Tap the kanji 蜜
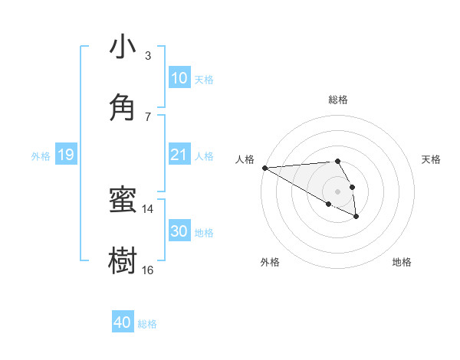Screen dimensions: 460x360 click(123, 201)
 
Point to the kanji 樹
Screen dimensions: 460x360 click(123, 260)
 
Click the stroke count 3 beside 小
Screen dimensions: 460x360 click(148, 56)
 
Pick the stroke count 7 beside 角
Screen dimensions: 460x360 click(148, 116)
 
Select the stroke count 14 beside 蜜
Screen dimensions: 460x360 click(148, 209)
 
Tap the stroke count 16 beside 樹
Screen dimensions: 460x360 click(148, 270)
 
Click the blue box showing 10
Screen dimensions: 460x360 click(179, 79)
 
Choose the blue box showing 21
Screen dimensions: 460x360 click(179, 155)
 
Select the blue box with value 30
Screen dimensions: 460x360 click(179, 232)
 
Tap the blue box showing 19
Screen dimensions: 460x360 click(66, 155)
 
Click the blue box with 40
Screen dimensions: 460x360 click(123, 323)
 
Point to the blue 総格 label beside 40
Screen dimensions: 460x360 click(147, 324)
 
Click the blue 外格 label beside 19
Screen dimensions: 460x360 click(41, 156)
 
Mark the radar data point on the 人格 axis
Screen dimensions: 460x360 click(264, 168)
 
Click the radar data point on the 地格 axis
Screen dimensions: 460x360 click(356, 217)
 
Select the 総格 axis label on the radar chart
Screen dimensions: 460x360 click(337, 100)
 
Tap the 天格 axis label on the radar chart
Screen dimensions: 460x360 click(431, 159)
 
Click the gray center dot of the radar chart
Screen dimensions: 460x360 click(337, 191)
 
